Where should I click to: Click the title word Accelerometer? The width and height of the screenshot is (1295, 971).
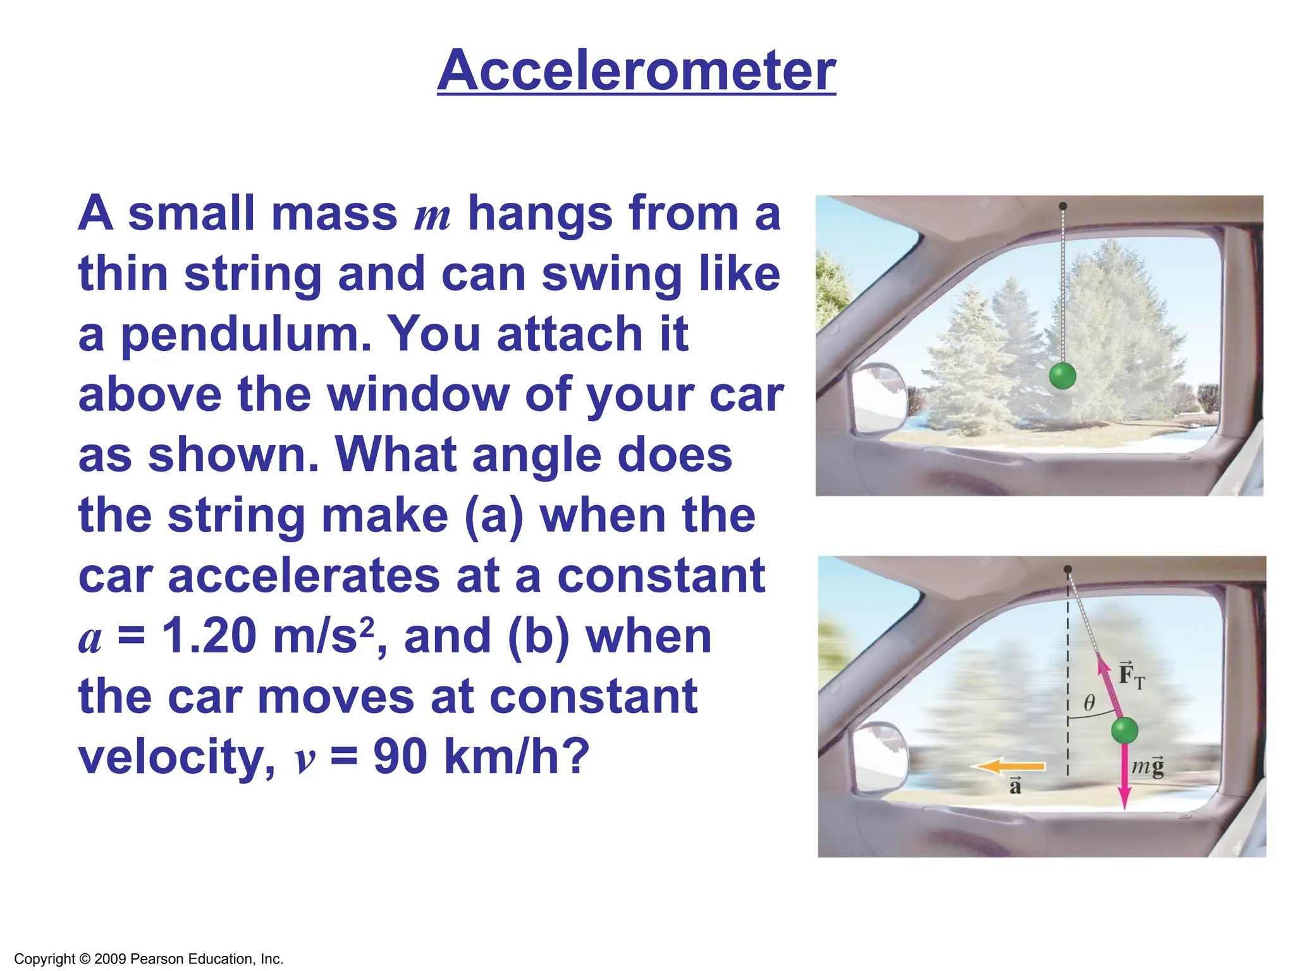(636, 71)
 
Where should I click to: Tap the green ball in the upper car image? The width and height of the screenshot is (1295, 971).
(1062, 376)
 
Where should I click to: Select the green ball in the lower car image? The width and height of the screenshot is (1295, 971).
(1124, 731)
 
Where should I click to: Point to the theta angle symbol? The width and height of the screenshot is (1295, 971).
(1089, 703)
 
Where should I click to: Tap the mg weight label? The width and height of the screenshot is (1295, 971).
(1148, 767)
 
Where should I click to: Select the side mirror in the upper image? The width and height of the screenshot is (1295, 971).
(878, 398)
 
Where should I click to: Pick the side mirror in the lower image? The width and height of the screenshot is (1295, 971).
(880, 758)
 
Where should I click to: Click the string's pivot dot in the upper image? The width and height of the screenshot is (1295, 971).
(1063, 206)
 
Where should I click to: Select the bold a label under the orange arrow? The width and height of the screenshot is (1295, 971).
(1016, 787)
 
